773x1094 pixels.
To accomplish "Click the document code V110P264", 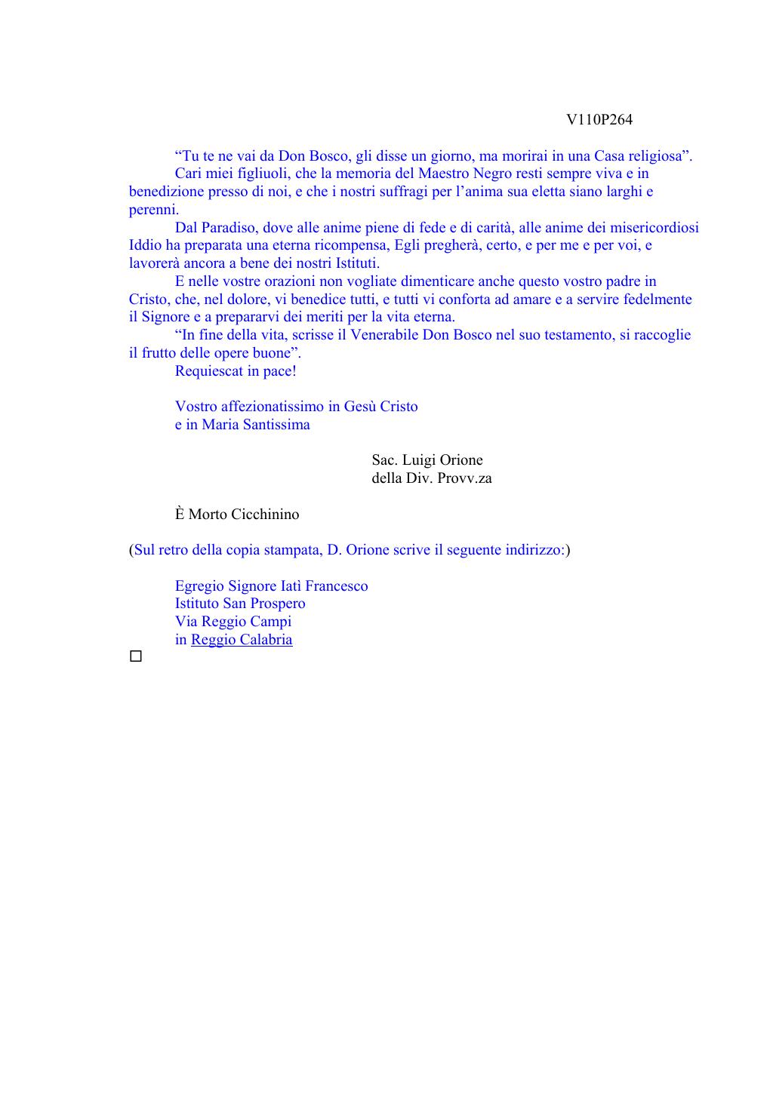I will pyautogui.click(x=599, y=120).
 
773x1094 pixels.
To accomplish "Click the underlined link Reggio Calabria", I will pyautogui.click(x=242, y=640).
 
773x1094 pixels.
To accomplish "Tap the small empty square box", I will pyautogui.click(x=136, y=657).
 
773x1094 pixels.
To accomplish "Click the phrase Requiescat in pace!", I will pyautogui.click(x=236, y=371).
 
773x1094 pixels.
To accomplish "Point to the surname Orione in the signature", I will pyautogui.click(x=459, y=460).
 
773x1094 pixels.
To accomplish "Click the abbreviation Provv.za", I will pyautogui.click(x=464, y=478).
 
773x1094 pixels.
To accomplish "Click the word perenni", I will pyautogui.click(x=153, y=210).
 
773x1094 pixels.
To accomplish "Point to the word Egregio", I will pyautogui.click(x=199, y=586).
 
